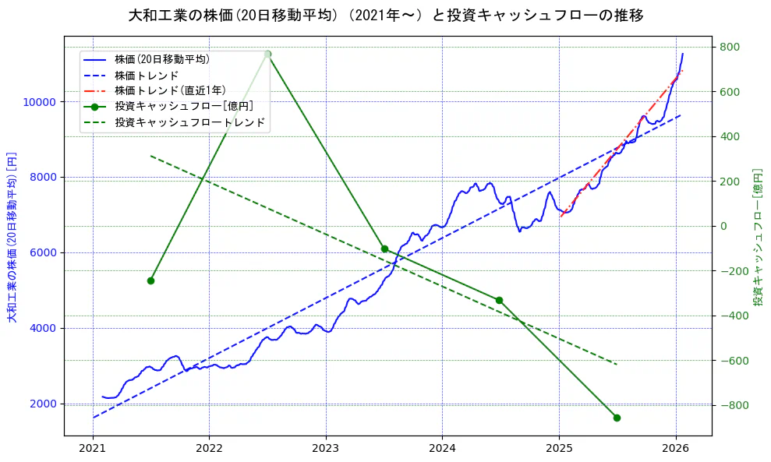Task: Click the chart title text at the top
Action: (x=385, y=16)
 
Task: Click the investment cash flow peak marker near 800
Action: (x=267, y=54)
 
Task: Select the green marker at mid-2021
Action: (x=150, y=280)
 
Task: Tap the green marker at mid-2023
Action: (x=384, y=249)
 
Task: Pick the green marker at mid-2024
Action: (x=499, y=300)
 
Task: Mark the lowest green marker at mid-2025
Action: (x=617, y=418)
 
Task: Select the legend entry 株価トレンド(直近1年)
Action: (x=170, y=90)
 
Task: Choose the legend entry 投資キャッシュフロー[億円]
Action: (x=183, y=107)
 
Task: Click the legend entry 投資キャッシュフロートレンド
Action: (x=189, y=122)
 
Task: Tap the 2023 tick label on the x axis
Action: (x=326, y=449)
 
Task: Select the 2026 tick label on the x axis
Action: (x=675, y=449)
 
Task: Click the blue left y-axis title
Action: (x=12, y=236)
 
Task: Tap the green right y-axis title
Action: (x=757, y=236)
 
